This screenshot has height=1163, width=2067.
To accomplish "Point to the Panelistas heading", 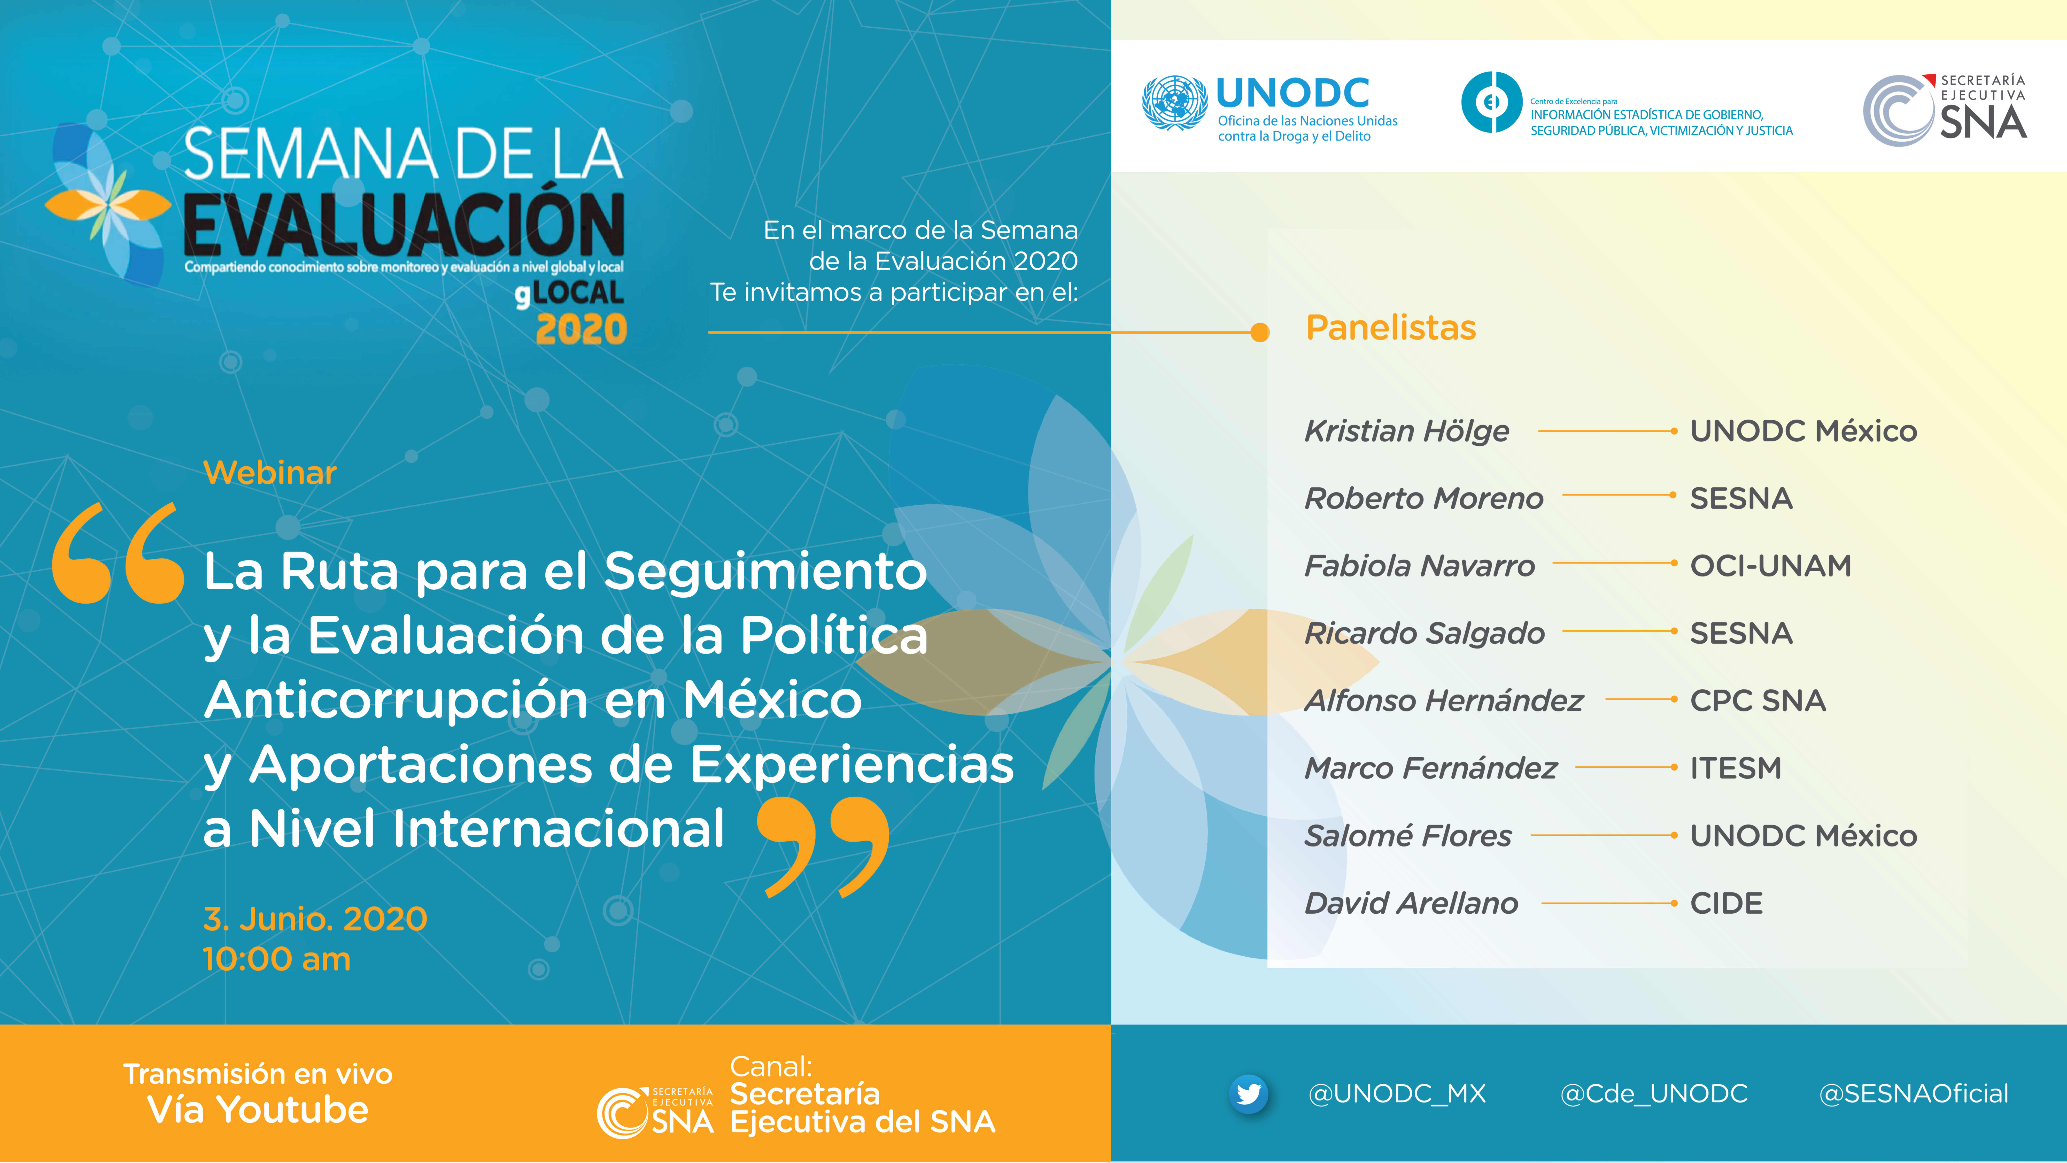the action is (x=1391, y=327).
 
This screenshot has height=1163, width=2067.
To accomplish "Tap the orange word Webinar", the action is (x=270, y=473).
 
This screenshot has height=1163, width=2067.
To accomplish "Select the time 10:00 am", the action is (x=277, y=959).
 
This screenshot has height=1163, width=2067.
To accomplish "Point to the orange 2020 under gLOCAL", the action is (x=581, y=329).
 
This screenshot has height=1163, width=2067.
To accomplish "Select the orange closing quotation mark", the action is (x=823, y=847).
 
